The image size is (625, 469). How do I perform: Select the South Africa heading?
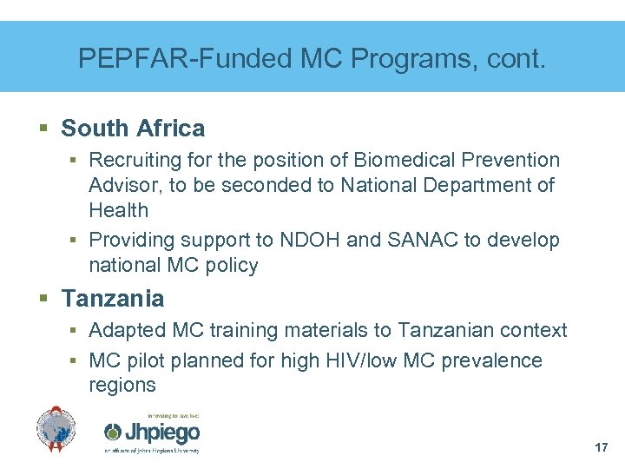tap(133, 129)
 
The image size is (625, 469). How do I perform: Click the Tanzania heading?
tap(112, 299)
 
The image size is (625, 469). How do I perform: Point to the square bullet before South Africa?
tap(44, 129)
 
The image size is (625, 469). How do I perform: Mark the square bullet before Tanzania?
tap(44, 300)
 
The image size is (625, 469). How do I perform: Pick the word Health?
tap(118, 210)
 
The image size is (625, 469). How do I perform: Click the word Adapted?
tap(128, 330)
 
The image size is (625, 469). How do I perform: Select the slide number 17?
tap(602, 447)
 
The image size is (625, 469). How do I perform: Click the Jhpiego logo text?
tap(154, 432)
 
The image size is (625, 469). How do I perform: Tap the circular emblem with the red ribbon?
tap(56, 429)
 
